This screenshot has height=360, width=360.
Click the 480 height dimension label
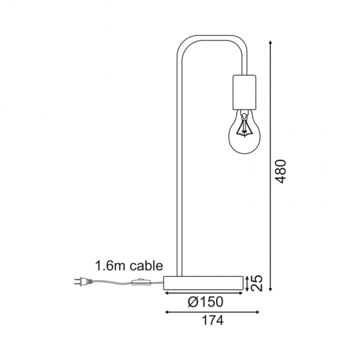(280, 171)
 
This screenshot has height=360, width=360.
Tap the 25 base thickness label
(256, 283)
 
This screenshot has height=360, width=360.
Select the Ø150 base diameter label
(206, 302)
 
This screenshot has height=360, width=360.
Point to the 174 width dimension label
(212, 320)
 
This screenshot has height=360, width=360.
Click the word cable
(146, 266)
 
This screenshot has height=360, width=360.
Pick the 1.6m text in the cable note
(111, 266)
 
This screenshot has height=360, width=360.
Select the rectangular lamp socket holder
(244, 92)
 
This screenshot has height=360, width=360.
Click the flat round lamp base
(203, 283)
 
